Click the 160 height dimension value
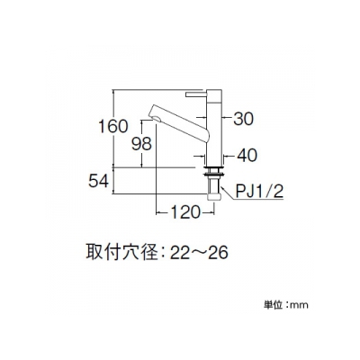tap(113, 126)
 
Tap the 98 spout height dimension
tap(142, 144)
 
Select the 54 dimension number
tap(98, 181)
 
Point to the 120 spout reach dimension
tap(184, 212)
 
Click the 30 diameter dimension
tap(243, 119)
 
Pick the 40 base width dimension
tap(247, 156)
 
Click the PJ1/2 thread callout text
tap(259, 192)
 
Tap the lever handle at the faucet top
tap(196, 94)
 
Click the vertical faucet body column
tap(214, 128)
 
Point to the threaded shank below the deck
tap(214, 184)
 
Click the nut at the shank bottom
tap(214, 196)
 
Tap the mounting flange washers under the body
tap(214, 170)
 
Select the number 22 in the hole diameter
tap(180, 253)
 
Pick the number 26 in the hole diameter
tap(218, 253)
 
